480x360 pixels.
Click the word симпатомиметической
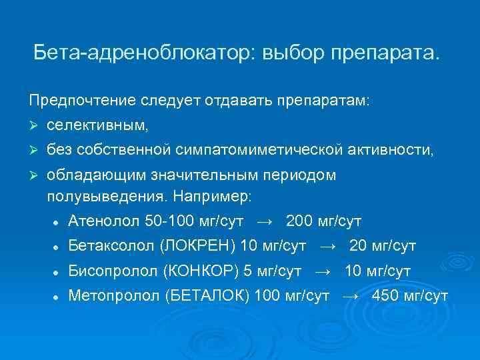(x=261, y=151)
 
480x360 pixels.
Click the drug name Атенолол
(x=100, y=221)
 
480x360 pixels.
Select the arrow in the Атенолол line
(x=265, y=221)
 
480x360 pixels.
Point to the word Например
(x=220, y=197)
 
